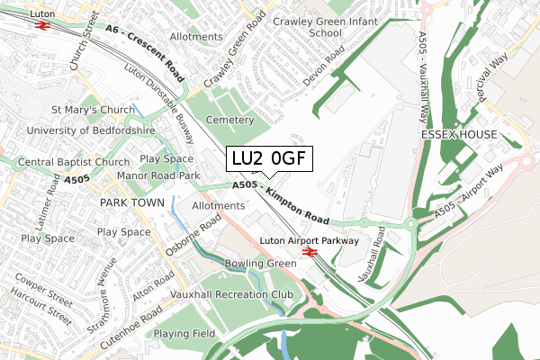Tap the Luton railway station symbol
(41, 26)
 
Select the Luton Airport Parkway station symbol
(310, 254)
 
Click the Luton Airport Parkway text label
(310, 241)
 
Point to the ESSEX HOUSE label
(458, 134)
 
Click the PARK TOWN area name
(131, 203)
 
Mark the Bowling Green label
(260, 264)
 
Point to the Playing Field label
(184, 334)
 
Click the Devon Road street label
(324, 66)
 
